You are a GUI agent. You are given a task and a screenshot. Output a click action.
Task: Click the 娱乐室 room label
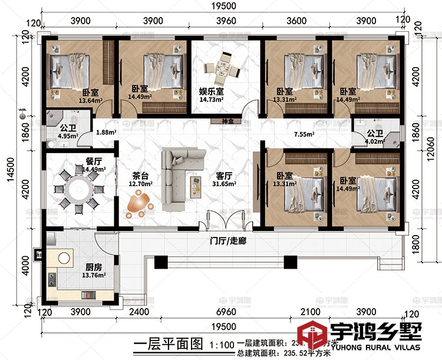(210, 91)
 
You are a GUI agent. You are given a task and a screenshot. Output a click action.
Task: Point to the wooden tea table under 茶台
(140, 204)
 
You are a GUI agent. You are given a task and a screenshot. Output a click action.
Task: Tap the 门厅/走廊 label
(229, 240)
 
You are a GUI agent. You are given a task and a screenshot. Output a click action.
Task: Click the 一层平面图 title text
(160, 344)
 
